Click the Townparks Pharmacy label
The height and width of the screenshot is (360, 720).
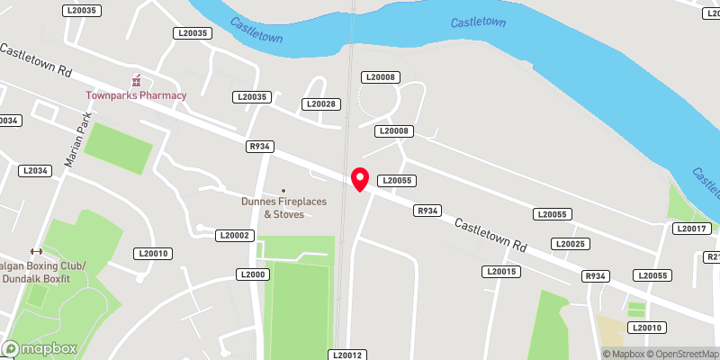point(136,95)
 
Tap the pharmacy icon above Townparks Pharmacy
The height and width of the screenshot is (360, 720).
point(137,80)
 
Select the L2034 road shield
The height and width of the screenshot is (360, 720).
point(34,170)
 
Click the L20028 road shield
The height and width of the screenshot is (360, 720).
point(321,104)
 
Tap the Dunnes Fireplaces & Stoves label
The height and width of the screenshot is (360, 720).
point(283,208)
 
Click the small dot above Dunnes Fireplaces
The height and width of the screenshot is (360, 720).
point(283,191)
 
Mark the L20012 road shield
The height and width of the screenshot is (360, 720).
point(346,355)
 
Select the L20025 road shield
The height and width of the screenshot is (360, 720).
point(571,244)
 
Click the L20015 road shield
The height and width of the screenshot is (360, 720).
point(501,271)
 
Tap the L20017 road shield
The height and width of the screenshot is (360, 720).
point(691,229)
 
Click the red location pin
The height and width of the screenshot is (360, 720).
point(360,178)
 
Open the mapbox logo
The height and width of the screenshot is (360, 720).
point(40,348)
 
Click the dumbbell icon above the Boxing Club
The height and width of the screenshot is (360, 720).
point(36,251)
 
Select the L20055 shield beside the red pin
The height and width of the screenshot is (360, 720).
point(396,180)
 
